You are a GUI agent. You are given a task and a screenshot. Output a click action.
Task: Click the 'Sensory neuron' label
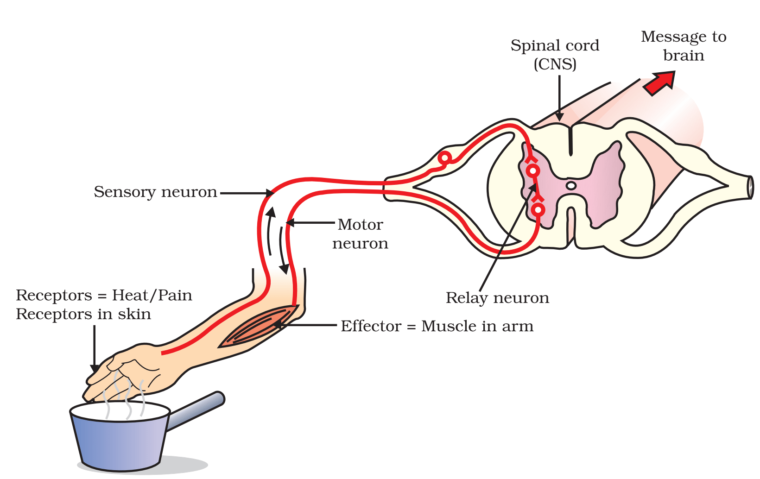tap(155, 192)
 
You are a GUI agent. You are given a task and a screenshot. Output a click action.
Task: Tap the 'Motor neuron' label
tap(360, 233)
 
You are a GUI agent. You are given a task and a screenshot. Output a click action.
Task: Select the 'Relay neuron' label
tap(497, 298)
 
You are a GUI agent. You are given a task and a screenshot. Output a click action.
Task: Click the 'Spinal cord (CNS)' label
tap(555, 54)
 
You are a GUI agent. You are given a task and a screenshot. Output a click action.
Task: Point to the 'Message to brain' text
tap(684, 46)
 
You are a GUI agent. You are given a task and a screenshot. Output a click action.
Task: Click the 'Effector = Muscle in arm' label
tap(437, 326)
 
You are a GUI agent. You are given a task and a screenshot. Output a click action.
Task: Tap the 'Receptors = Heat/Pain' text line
tap(104, 295)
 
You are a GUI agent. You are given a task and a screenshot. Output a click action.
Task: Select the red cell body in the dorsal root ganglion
tap(444, 158)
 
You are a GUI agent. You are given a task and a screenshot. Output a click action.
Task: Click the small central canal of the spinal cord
tap(571, 186)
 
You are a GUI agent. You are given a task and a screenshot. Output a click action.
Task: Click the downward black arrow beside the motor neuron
tap(283, 250)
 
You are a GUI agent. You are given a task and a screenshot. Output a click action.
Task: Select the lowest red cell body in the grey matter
tap(538, 210)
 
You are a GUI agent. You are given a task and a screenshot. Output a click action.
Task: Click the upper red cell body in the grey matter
tap(533, 170)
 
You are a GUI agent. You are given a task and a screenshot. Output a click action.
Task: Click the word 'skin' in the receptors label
tap(134, 314)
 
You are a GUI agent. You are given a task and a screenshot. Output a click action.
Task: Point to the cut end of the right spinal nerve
tap(750, 188)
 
